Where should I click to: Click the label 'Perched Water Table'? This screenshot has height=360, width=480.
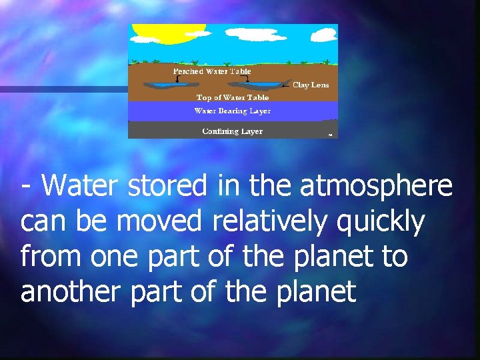point(211,71)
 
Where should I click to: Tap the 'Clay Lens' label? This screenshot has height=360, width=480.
point(311,85)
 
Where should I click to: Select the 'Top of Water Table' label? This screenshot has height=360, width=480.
point(232,97)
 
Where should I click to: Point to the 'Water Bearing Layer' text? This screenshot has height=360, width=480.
point(232,111)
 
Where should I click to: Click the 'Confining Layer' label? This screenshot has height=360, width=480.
point(232,131)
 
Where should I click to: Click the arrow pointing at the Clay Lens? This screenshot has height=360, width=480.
point(286,85)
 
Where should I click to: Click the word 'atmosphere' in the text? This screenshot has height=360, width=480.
point(376,187)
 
